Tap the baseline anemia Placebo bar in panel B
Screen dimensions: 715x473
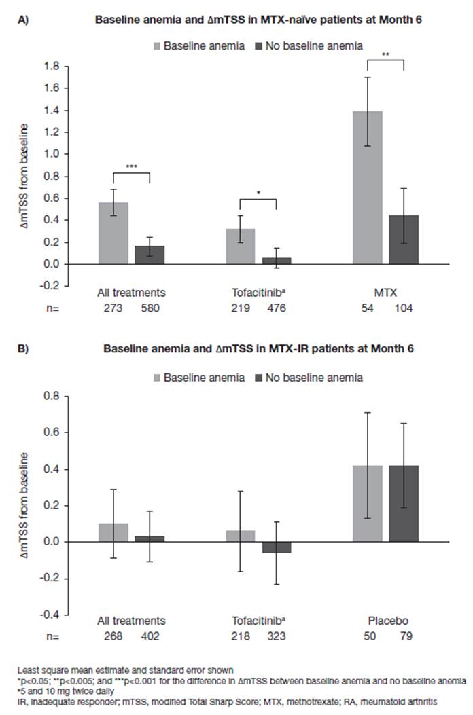point(368,503)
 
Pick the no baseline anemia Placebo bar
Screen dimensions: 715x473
point(404,503)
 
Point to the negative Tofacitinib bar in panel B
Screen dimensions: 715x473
point(277,547)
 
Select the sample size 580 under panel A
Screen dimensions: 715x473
point(150,308)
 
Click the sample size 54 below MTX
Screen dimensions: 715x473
point(368,308)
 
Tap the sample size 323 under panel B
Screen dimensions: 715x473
point(277,636)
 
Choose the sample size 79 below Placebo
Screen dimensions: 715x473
point(404,636)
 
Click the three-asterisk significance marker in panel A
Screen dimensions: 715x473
point(131,166)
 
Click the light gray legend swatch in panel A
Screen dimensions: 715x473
point(156,46)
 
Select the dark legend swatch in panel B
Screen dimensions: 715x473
point(259,376)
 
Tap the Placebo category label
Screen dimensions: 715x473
point(386,621)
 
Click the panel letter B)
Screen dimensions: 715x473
point(23,349)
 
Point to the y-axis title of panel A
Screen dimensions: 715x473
point(25,172)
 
